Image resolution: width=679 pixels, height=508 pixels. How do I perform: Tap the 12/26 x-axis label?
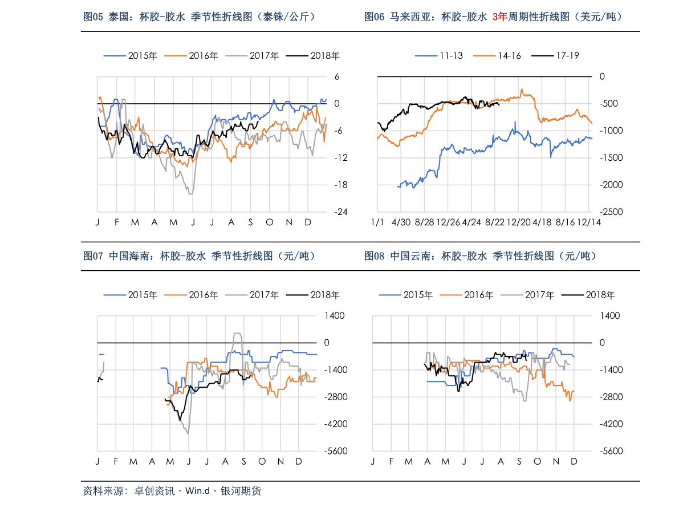[448, 222]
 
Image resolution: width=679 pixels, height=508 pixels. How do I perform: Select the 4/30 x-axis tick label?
[402, 222]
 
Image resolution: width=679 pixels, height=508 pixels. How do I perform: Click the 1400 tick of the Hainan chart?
[335, 315]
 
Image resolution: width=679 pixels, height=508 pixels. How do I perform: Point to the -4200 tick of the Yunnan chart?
[609, 424]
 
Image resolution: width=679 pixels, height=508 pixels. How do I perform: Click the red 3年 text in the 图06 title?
[500, 17]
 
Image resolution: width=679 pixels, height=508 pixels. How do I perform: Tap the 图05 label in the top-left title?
[93, 17]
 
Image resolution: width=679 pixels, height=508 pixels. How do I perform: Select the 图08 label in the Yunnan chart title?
[374, 257]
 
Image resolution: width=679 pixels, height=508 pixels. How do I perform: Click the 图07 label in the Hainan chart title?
[93, 257]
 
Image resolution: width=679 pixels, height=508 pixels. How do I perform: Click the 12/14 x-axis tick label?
[589, 222]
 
